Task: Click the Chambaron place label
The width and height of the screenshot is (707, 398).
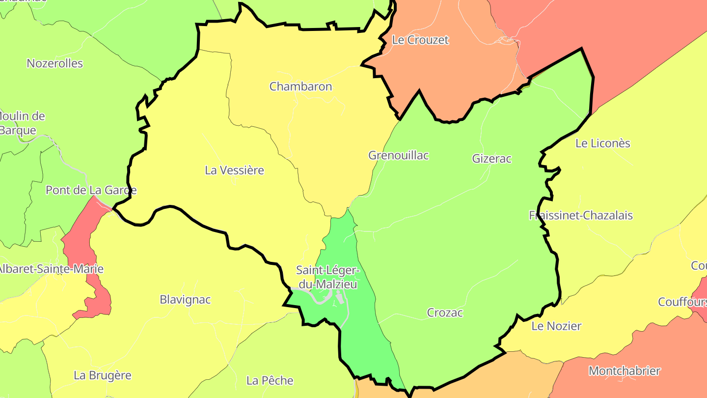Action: click(300, 86)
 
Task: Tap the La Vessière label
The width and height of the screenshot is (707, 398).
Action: click(234, 171)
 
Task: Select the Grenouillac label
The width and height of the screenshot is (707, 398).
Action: click(398, 155)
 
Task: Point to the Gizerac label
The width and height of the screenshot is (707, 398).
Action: click(491, 159)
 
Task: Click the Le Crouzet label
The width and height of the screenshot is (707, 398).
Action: click(420, 40)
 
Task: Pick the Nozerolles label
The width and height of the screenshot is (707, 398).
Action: click(55, 63)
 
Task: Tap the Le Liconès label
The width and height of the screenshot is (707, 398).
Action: click(602, 143)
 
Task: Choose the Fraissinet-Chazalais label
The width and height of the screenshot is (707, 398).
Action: click(581, 215)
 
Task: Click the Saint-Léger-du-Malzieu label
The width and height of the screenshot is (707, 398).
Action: click(327, 277)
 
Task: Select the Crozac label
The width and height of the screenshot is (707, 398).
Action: click(445, 313)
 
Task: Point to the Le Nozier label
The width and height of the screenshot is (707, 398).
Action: click(556, 326)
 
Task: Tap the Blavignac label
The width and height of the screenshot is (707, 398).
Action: click(185, 299)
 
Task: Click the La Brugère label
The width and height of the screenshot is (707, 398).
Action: click(103, 375)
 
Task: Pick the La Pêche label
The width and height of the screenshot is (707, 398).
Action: click(270, 380)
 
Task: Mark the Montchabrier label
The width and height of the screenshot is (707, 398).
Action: click(625, 370)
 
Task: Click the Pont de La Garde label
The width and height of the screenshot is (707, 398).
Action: click(91, 190)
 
